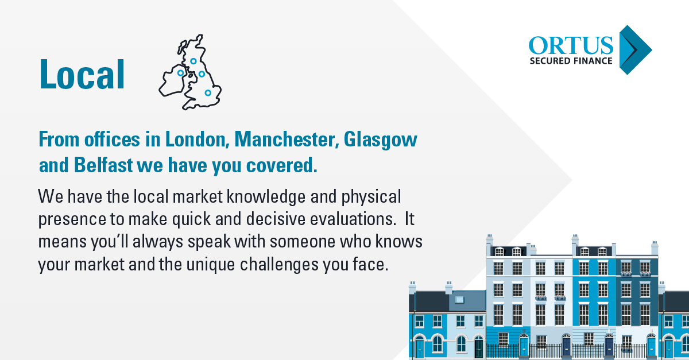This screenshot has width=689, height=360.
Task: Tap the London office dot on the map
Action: point(208,92)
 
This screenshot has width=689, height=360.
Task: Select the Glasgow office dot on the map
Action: point(193,61)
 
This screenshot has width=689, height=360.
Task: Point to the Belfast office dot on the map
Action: point(180,73)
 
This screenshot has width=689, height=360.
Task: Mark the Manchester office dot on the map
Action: point(202,74)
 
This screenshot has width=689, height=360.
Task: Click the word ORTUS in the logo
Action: point(571,46)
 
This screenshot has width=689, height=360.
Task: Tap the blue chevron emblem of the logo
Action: point(635,50)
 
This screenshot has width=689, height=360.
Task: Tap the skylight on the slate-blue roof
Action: point(459,299)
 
